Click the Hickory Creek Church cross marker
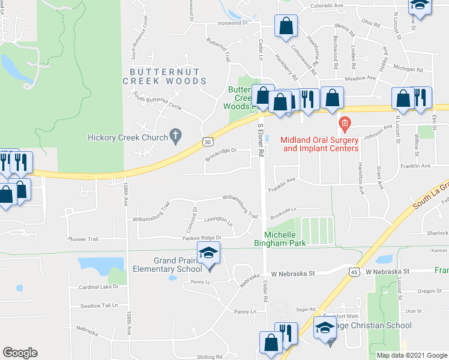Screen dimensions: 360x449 point(176,136)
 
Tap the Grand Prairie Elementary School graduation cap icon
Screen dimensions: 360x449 point(209,254)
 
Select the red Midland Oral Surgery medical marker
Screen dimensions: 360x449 point(345,125)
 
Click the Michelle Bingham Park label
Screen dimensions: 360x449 point(286,238)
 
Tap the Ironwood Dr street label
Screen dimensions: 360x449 point(232,23)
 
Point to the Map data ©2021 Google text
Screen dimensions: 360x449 point(411,355)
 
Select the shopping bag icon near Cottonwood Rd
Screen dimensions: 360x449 point(286,26)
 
